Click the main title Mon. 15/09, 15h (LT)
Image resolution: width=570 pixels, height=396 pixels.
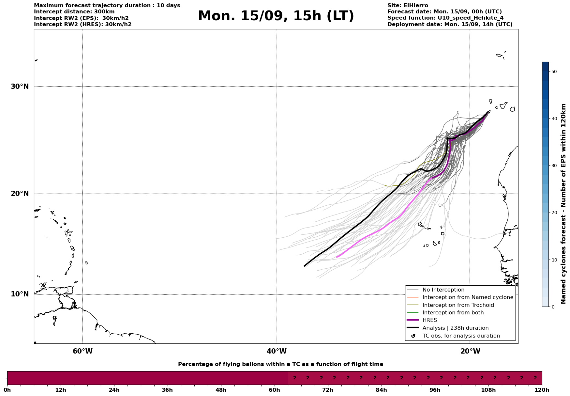pos(276,16)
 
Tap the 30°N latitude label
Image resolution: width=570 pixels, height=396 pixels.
pos(20,87)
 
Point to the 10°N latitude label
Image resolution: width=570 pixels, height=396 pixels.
pos(20,294)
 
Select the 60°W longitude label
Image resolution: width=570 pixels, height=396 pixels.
pos(82,351)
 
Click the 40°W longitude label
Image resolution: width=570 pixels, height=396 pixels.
pos(277,351)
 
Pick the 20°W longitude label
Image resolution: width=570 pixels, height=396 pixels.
pos(470,351)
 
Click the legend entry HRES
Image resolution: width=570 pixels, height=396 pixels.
pos(429,320)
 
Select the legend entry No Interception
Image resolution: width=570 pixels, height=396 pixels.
pos(443,290)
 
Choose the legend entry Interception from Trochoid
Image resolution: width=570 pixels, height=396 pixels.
pos(458,305)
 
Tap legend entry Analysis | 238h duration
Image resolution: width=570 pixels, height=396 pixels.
pos(455,328)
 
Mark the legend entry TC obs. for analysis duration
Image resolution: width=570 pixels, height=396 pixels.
pos(461,336)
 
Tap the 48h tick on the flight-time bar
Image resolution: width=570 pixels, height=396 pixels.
pos(221,390)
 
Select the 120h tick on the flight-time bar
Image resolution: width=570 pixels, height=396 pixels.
pos(542,390)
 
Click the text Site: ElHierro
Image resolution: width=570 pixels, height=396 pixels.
pos(408,6)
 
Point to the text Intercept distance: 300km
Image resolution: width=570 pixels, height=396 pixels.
pos(74,12)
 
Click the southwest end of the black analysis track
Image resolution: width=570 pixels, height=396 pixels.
pos(305,266)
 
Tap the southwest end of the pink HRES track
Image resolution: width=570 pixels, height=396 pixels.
pos(337,257)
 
